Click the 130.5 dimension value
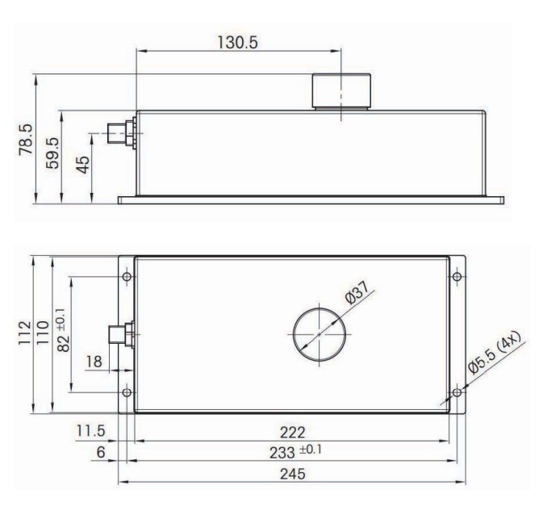click(237, 43)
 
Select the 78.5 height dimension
click(26, 140)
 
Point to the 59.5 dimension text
click(52, 153)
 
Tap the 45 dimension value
click(83, 165)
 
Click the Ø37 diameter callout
click(357, 293)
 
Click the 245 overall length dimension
click(293, 474)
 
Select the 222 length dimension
click(293, 433)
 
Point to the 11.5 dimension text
click(90, 431)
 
